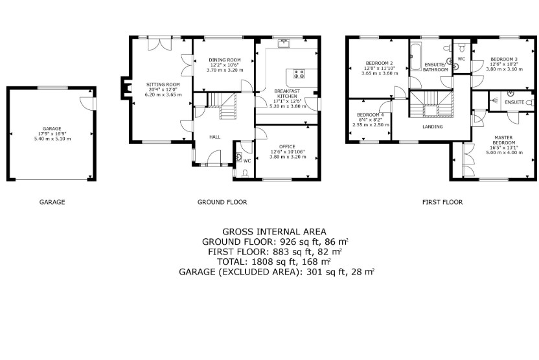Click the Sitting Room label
(x=163, y=85)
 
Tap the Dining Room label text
(x=225, y=60)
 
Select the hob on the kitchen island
(x=299, y=74)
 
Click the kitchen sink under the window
(x=284, y=43)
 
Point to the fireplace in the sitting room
(x=126, y=88)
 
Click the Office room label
(x=287, y=147)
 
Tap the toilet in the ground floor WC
(x=245, y=174)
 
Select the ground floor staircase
(x=222, y=106)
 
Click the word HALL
(x=215, y=137)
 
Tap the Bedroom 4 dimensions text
(x=371, y=122)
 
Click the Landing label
(x=433, y=127)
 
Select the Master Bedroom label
(x=504, y=140)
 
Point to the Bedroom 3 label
(x=504, y=59)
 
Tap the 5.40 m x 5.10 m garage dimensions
(x=52, y=139)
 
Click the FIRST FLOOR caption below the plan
(x=442, y=202)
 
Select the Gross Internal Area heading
(x=274, y=232)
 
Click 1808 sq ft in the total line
(x=273, y=262)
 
